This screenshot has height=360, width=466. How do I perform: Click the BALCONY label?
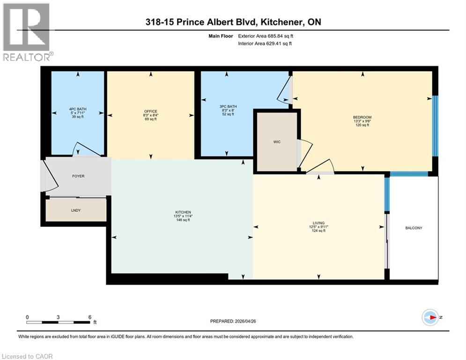414,228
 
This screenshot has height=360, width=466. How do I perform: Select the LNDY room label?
76,210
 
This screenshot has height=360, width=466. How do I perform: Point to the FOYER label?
78,176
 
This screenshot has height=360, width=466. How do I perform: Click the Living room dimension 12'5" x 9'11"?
318,227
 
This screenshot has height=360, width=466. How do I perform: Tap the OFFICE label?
150,111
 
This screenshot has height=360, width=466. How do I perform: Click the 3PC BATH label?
228,106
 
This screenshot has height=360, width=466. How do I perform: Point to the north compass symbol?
430,317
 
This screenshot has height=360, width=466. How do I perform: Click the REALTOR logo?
27,32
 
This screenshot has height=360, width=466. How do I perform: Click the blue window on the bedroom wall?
435,126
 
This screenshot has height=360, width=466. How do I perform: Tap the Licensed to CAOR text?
27,356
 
